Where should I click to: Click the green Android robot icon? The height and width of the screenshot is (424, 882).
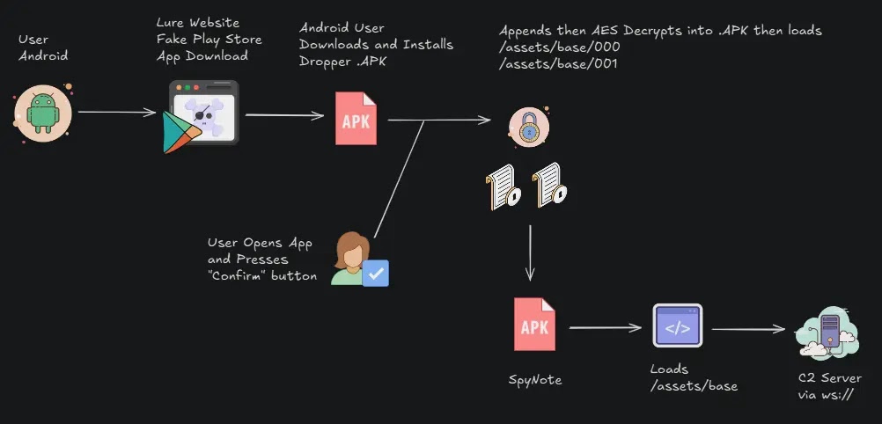[42, 113]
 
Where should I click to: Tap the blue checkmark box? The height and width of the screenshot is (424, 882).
[376, 274]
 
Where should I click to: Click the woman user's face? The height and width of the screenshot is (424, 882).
[349, 252]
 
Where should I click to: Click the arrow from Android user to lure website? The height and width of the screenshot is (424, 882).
[117, 112]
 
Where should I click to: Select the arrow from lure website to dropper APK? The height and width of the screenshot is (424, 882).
[282, 114]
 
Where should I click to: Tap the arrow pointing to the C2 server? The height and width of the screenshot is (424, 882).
[748, 330]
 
